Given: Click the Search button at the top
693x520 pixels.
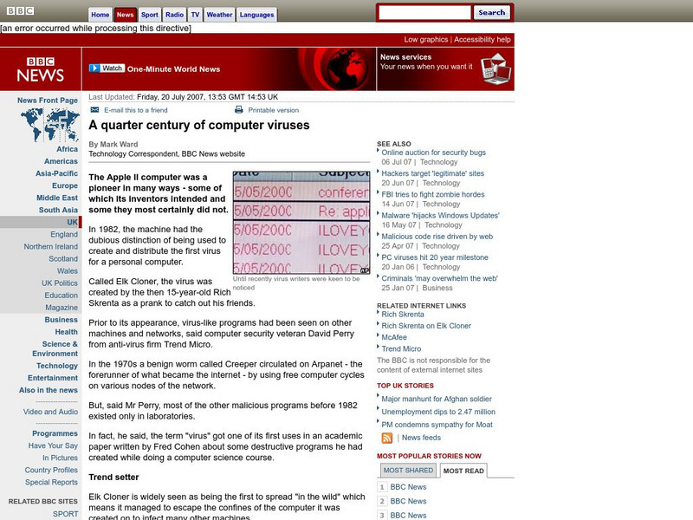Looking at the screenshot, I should (x=491, y=12).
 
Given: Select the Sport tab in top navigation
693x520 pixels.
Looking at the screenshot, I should (x=150, y=15).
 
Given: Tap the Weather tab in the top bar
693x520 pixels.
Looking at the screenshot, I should (x=219, y=15).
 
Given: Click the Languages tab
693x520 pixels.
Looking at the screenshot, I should (x=256, y=15).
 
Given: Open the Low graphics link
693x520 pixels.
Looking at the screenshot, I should (x=426, y=40).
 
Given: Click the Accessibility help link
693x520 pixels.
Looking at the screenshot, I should (x=483, y=40).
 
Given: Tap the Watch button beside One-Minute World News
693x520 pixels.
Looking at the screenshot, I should (x=107, y=68).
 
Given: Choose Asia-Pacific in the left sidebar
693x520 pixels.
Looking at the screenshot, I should (x=56, y=173).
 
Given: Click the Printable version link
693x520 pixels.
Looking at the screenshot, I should (x=273, y=110).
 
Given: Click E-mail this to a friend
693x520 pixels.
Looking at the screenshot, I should (x=135, y=110).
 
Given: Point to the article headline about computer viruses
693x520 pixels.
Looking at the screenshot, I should (x=198, y=126).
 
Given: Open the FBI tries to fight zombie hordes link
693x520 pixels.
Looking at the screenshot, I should (x=433, y=195).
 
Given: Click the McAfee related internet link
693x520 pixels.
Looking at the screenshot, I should (x=395, y=337).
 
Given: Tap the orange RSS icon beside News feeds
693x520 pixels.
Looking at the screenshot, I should (x=386, y=438).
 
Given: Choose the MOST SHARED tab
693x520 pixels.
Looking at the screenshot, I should (x=407, y=471).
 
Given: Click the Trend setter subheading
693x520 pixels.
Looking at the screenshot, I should (x=113, y=478).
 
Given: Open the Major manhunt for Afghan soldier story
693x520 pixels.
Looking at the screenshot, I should (x=437, y=399).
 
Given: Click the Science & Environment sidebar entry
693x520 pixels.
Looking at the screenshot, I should (x=55, y=348).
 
